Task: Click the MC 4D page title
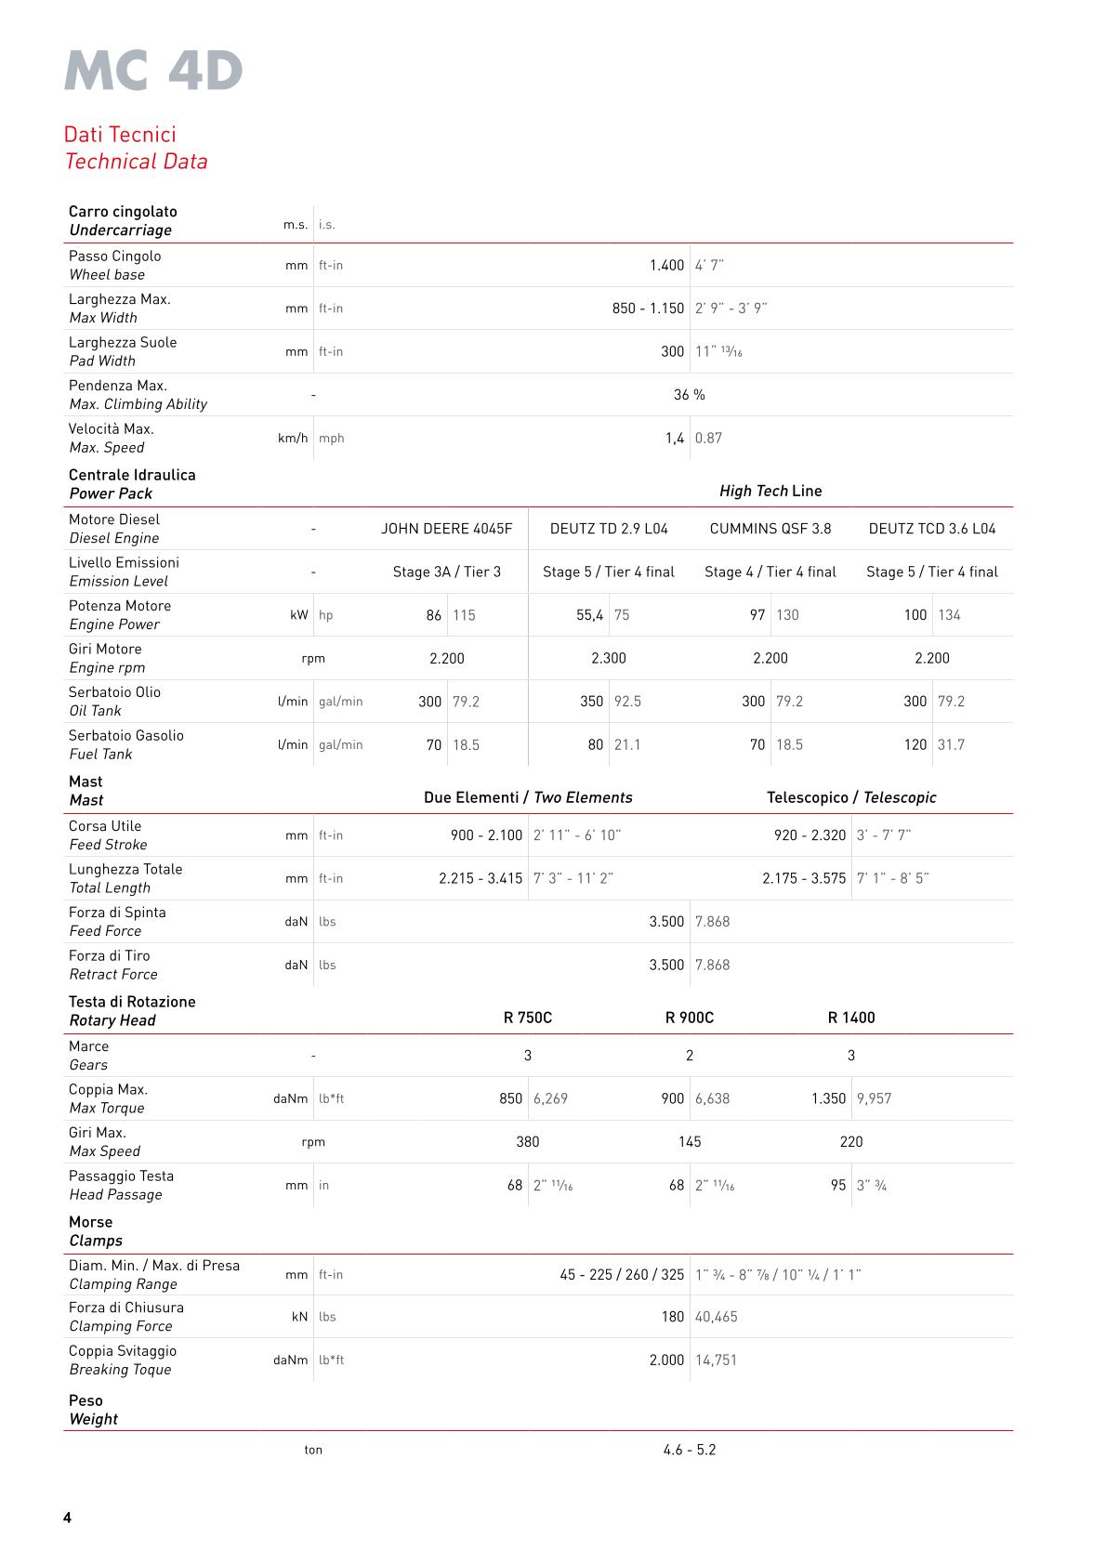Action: click(x=153, y=72)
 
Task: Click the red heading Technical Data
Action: click(x=136, y=162)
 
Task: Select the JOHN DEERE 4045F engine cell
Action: click(x=446, y=529)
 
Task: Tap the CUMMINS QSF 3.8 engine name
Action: click(x=770, y=529)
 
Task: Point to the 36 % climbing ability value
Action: click(x=689, y=395)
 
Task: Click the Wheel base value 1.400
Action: click(x=666, y=266)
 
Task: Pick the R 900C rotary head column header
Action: click(x=689, y=1018)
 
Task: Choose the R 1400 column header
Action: click(x=851, y=1018)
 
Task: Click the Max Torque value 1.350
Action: click(x=828, y=1098)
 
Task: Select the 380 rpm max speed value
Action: click(x=527, y=1142)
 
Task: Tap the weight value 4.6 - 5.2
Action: click(x=690, y=1450)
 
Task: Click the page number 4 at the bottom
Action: click(x=67, y=1518)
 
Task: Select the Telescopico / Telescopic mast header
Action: click(x=851, y=797)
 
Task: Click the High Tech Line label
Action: click(x=770, y=491)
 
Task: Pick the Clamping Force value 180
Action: click(x=672, y=1317)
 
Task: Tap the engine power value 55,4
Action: click(x=589, y=615)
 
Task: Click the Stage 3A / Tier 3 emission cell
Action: click(x=446, y=572)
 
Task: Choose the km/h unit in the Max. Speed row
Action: click(x=292, y=439)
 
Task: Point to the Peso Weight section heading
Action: click(x=93, y=1410)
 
